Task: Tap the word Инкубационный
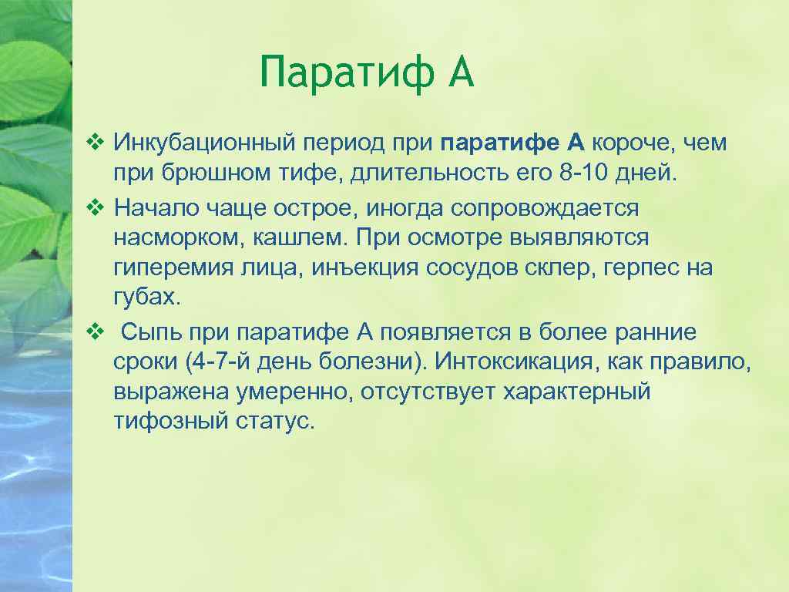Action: (200, 143)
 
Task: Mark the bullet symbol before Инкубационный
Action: (94, 142)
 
